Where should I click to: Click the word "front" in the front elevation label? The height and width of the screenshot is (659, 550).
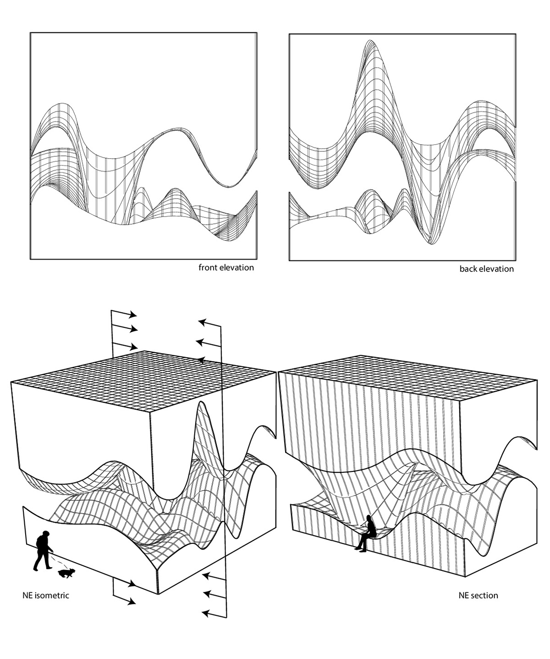207,267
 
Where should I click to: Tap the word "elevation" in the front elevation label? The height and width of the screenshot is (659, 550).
236,267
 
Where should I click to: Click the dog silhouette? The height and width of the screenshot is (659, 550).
66,573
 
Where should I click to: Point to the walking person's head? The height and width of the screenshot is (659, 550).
45,534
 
